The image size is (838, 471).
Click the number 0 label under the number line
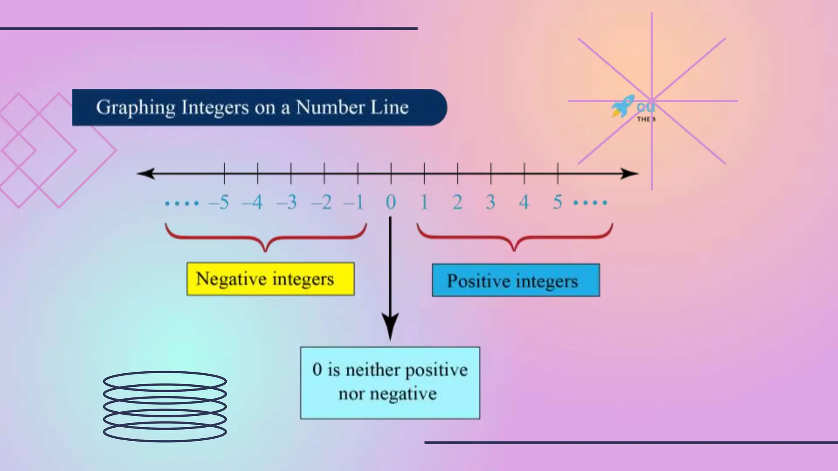pos(391,202)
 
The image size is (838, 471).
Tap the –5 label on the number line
pos(219,202)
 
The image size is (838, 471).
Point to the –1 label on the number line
pos(354,202)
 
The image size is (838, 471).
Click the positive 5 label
pos(557,202)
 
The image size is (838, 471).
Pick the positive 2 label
pos(457,202)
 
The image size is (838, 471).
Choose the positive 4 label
pos(524,202)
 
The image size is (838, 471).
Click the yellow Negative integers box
pos(270,279)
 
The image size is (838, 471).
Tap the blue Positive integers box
pos(516,280)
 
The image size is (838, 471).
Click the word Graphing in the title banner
pos(135,108)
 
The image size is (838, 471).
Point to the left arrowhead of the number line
pos(146,173)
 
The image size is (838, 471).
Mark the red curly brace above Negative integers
pos(266,237)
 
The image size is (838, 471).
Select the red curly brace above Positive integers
pos(514,237)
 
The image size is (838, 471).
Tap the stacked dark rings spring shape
pos(165,406)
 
